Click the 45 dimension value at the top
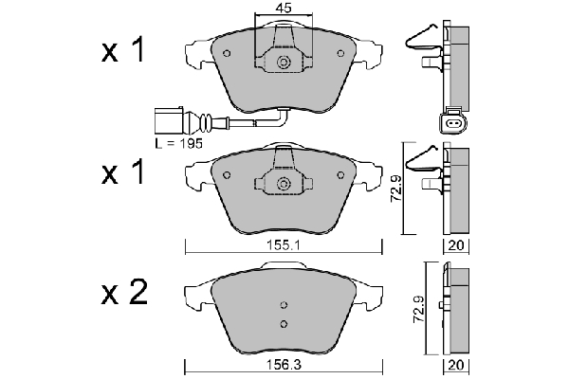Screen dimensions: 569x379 tap(284, 8)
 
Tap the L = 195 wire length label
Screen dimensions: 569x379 tap(178, 144)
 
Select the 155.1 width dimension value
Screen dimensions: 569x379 tap(284, 245)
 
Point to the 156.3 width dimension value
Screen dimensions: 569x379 tap(284, 365)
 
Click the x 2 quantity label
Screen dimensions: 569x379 tap(124, 292)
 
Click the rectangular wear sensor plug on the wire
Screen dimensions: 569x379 tap(169, 120)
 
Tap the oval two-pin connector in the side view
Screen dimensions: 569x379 tap(454, 124)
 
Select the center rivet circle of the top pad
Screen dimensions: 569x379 tap(283, 63)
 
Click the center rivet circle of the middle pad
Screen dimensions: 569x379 tap(283, 184)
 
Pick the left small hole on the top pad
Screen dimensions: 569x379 tap(227, 53)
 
